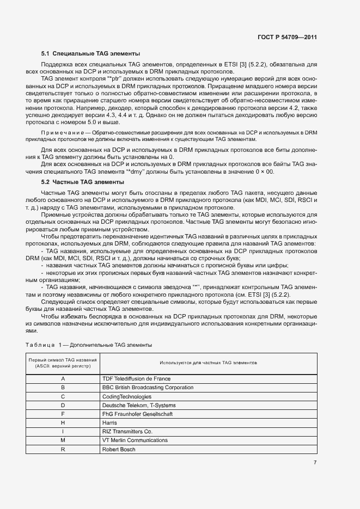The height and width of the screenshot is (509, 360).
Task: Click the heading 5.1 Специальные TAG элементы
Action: [90, 54]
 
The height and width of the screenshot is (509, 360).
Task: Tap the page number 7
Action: [315, 463]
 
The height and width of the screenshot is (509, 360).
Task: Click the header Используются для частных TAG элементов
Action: [209, 363]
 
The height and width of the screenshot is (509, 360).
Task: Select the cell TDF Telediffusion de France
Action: [136, 378]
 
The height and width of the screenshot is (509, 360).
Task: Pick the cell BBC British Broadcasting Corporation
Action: [148, 388]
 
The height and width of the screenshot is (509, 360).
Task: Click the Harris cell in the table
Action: [109, 422]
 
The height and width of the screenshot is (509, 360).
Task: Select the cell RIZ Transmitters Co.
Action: [129, 431]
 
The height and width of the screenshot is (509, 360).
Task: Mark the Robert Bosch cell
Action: [119, 449]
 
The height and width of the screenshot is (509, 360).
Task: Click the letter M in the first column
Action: [63, 440]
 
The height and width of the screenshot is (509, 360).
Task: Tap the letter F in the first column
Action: [63, 414]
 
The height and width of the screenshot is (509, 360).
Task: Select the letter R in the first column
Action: [63, 449]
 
